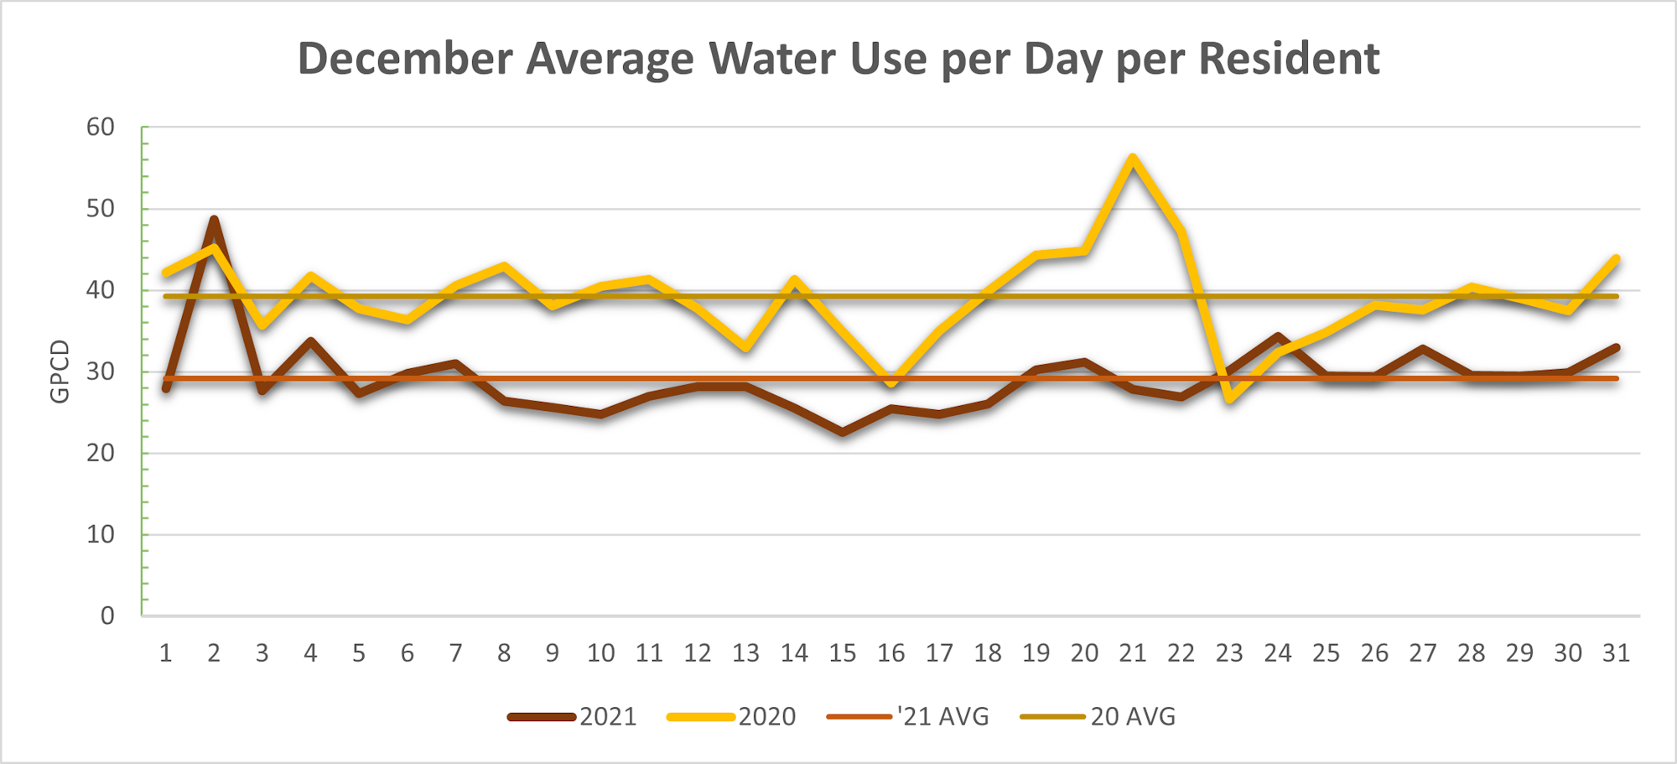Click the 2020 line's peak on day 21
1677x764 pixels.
[x=1133, y=158]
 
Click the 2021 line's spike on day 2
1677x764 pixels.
[x=214, y=220]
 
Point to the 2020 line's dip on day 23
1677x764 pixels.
[x=1229, y=400]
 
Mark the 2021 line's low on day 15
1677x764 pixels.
[x=843, y=432]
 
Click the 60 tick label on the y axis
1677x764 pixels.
[x=101, y=127]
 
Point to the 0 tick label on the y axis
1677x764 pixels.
[x=107, y=616]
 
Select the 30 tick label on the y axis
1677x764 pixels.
[x=101, y=372]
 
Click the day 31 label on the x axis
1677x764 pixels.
[x=1616, y=653]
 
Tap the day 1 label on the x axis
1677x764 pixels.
[x=166, y=653]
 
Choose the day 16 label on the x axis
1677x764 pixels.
[x=890, y=653]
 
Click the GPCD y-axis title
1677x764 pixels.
[x=60, y=372]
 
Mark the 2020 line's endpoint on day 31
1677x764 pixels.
[x=1616, y=258]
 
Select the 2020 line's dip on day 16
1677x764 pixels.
[x=891, y=383]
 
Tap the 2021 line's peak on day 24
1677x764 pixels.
[x=1278, y=336]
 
